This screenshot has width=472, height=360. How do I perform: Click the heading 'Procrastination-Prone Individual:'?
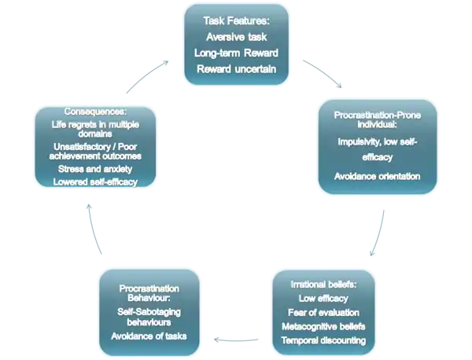coord(376,119)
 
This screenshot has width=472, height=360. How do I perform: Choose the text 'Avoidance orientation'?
coord(376,174)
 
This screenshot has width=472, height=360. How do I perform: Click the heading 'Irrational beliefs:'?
coord(323,284)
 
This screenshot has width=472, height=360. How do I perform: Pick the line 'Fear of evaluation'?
coord(323,312)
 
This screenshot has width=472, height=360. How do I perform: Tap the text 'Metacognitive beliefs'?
coord(323,326)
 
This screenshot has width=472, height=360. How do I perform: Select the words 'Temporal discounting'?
coord(323,340)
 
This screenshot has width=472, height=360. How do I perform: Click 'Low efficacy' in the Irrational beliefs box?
coord(323,298)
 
